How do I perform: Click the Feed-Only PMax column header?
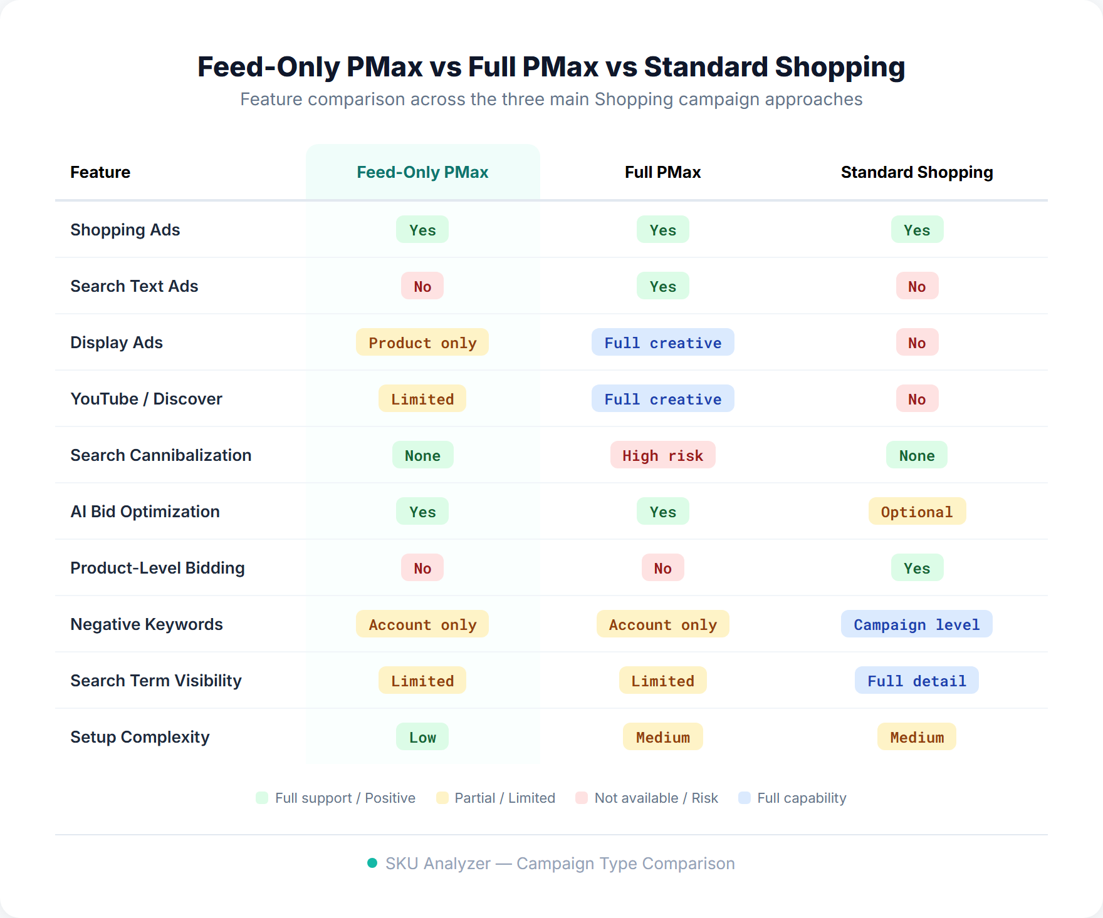coord(422,172)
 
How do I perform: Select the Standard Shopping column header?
coord(916,172)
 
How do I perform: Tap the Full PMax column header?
coord(662,172)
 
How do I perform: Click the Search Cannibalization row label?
coord(160,455)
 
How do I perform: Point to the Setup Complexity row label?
coord(140,737)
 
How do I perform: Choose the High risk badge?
coord(662,455)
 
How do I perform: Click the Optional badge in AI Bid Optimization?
coord(916,512)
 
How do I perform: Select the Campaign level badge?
coord(916,624)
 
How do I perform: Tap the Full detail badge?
coord(916,681)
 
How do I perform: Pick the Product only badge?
coord(422,343)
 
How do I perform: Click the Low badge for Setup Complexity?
coord(422,737)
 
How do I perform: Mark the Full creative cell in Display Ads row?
coord(662,343)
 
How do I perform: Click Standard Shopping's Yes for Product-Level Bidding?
coord(916,568)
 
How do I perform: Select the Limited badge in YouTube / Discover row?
coord(422,399)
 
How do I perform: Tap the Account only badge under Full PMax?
coord(662,624)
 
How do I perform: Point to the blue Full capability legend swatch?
coord(745,798)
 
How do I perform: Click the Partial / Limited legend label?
coord(504,798)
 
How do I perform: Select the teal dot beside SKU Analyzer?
coord(372,863)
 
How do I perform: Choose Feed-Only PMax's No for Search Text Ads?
coord(422,286)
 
